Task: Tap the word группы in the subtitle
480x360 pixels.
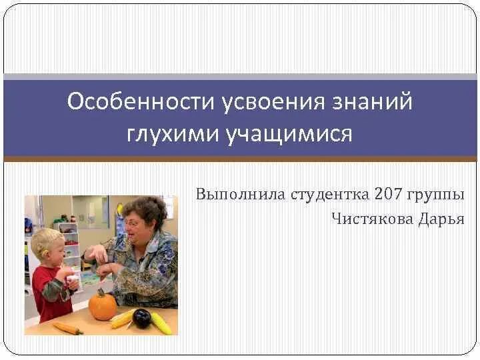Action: (x=437, y=195)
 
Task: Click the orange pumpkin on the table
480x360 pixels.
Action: (x=103, y=307)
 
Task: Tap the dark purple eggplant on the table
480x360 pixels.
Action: (x=141, y=318)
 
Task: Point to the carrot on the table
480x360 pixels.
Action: (x=67, y=327)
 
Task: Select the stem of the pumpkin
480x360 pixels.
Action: (x=101, y=292)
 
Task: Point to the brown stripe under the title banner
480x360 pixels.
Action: (x=240, y=159)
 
